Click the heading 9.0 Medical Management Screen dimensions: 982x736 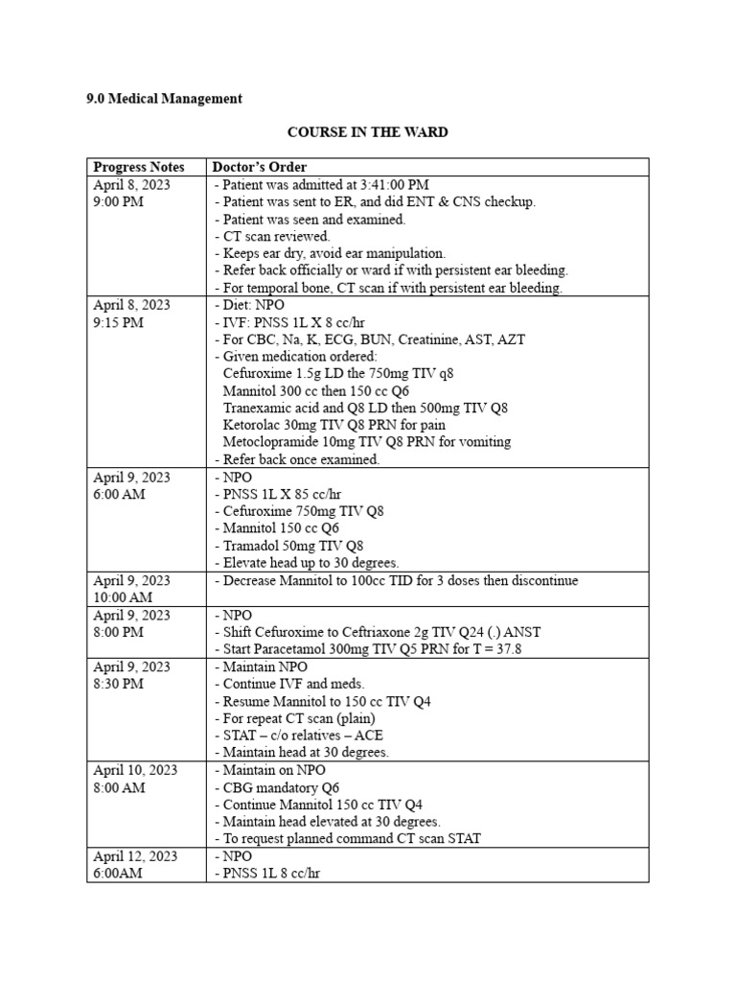(x=164, y=99)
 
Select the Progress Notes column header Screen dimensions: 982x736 (x=139, y=167)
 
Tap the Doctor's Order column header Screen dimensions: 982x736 (x=260, y=167)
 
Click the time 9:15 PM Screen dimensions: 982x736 (x=119, y=322)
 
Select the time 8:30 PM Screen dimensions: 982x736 (x=119, y=684)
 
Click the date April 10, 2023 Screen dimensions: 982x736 (x=135, y=770)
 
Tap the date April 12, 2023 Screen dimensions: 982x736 (x=135, y=856)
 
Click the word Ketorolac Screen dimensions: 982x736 (x=253, y=425)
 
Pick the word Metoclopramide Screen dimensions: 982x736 (x=272, y=442)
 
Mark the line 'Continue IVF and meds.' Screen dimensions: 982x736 (x=293, y=684)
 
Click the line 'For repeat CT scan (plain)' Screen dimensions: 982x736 (x=298, y=718)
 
